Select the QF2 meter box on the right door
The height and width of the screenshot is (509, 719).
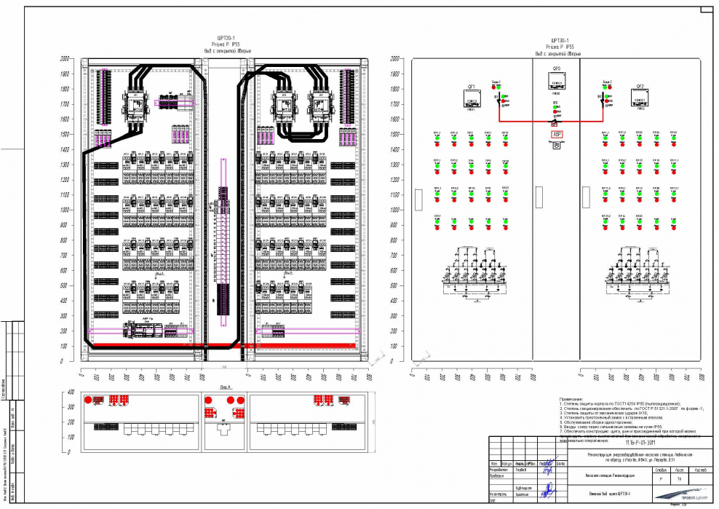tap(640, 99)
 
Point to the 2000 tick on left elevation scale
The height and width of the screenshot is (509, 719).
tap(65, 58)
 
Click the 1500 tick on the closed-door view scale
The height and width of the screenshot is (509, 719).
tap(395, 135)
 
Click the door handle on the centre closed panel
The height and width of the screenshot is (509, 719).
tap(539, 196)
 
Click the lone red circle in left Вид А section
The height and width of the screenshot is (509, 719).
tap(88, 401)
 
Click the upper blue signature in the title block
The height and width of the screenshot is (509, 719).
tap(544, 464)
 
